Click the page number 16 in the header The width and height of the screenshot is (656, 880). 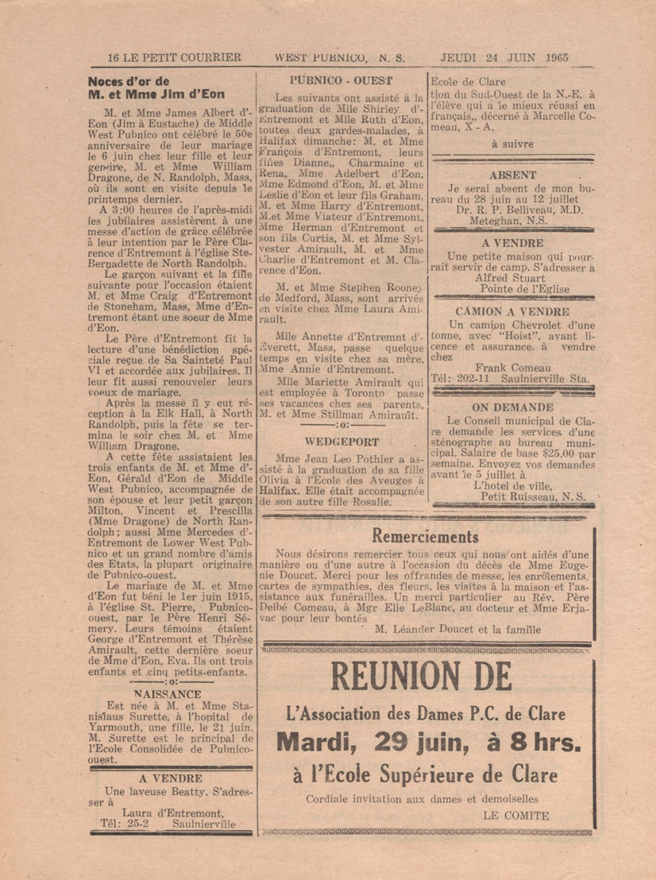pyautogui.click(x=113, y=57)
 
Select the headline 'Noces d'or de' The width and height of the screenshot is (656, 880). pyautogui.click(x=129, y=81)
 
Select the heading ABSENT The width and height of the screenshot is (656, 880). pyautogui.click(x=512, y=175)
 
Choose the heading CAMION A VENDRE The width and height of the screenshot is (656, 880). pyautogui.click(x=512, y=312)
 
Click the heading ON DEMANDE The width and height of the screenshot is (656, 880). pyautogui.click(x=512, y=407)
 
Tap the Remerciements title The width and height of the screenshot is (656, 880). pyautogui.click(x=425, y=537)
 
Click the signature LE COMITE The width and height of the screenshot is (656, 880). pyautogui.click(x=515, y=815)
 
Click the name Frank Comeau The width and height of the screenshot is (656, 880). pyautogui.click(x=512, y=368)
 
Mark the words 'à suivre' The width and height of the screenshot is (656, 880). pyautogui.click(x=512, y=144)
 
